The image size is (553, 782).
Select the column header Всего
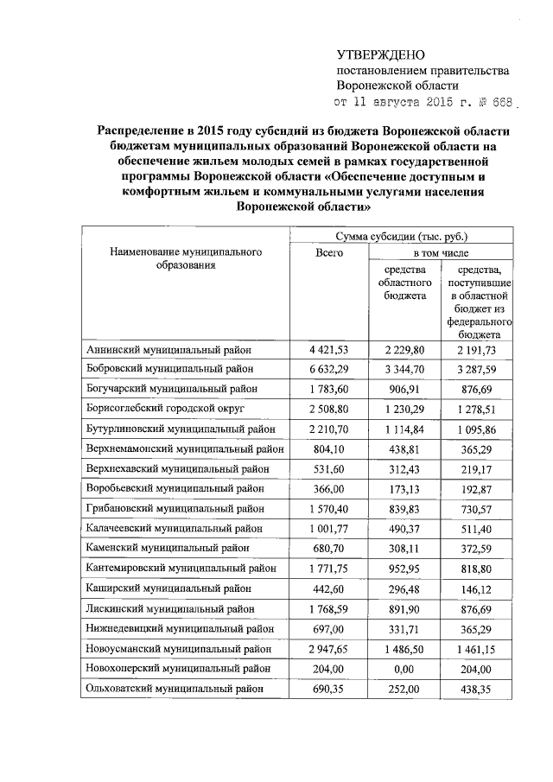(329, 252)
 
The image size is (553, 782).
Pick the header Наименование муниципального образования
(186, 259)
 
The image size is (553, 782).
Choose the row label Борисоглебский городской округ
(167, 409)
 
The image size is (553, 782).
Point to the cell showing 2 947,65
(328, 648)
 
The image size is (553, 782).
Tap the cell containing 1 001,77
(328, 528)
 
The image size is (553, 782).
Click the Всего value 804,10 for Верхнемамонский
(328, 448)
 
